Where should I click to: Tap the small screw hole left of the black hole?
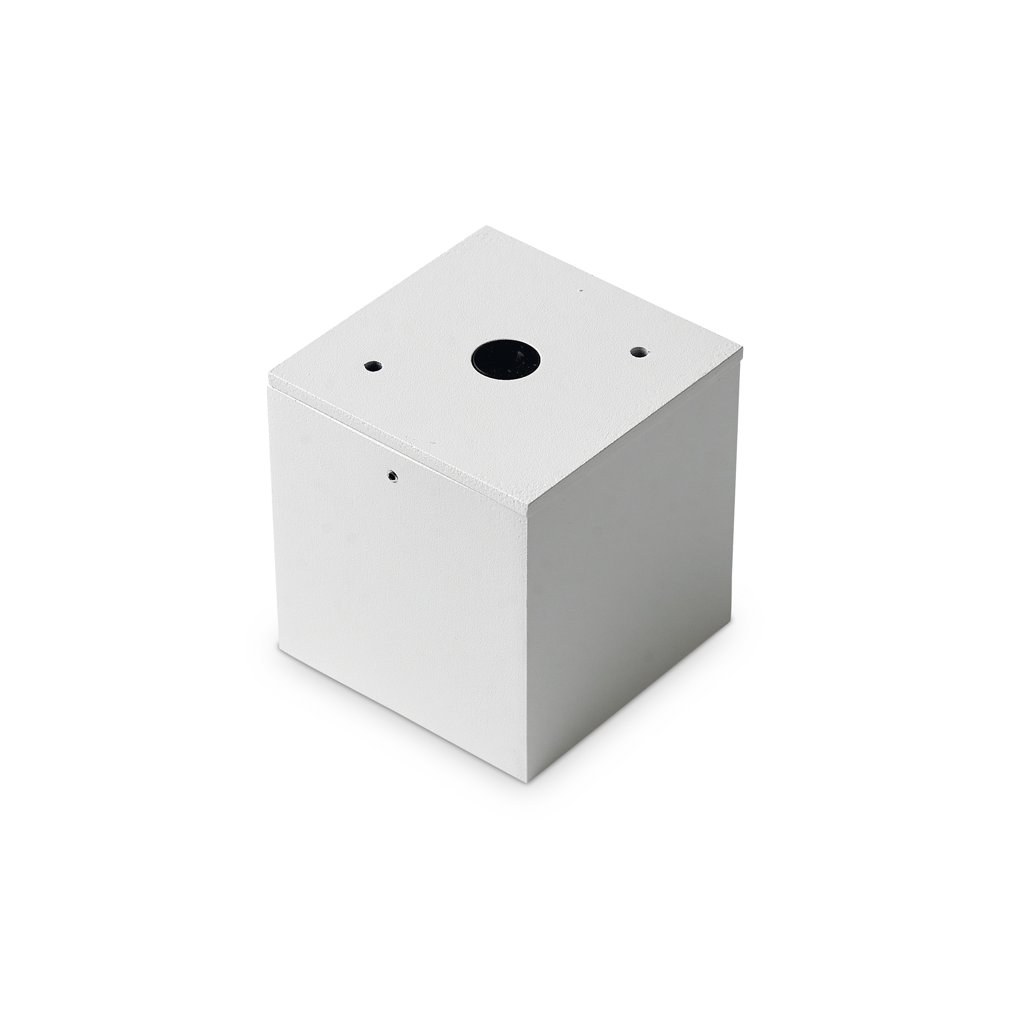pyautogui.click(x=372, y=366)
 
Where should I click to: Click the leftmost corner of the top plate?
pyautogui.click(x=269, y=374)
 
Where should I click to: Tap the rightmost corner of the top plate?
pyautogui.click(x=742, y=345)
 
